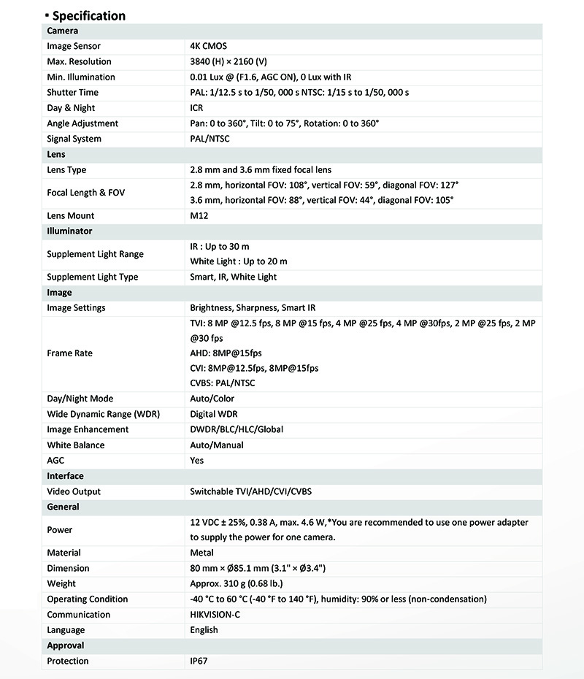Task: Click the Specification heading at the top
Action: [x=88, y=15]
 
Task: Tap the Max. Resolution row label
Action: [x=79, y=61]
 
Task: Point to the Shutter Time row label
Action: [x=72, y=93]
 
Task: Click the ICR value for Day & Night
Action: [x=197, y=108]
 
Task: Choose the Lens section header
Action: [x=56, y=155]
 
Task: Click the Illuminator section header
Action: [x=69, y=231]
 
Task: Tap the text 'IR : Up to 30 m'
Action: [x=220, y=247]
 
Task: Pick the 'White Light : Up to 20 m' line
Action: [x=239, y=261]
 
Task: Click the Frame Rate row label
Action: [x=69, y=353]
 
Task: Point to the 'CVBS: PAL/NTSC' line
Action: [x=223, y=383]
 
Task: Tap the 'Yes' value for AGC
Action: [x=197, y=461]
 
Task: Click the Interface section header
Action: [x=65, y=476]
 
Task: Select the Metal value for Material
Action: [x=201, y=553]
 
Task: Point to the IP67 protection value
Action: [x=200, y=661]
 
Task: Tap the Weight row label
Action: [x=61, y=583]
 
